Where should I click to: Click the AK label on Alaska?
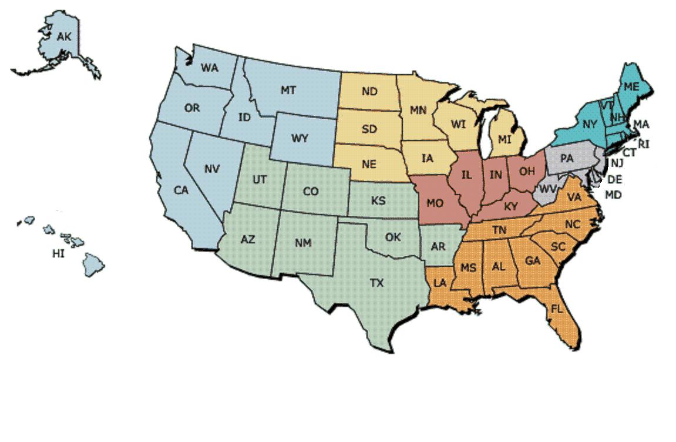pos(64,37)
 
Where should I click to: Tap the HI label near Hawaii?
pos(58,254)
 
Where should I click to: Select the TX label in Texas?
pos(376,283)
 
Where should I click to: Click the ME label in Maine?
pos(631,86)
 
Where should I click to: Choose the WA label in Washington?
pos(209,67)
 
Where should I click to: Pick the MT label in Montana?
pos(288,90)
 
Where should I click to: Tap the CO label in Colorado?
pos(311,192)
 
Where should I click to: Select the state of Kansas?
pos(379,200)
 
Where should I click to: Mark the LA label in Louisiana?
pos(440,283)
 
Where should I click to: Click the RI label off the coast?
pos(644,143)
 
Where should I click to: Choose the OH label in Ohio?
pos(527,172)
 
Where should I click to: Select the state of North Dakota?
pos(369,92)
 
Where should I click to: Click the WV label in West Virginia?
pos(548,189)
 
